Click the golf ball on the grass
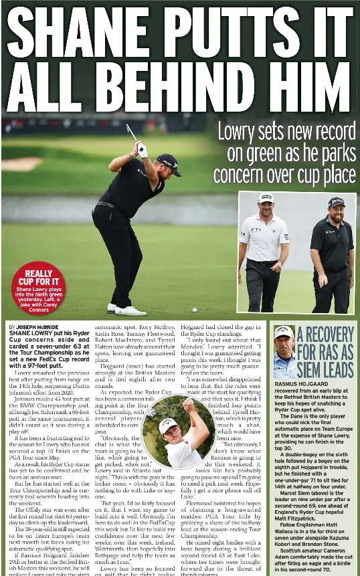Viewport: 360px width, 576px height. click(195, 310)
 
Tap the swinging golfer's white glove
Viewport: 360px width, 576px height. click(142, 151)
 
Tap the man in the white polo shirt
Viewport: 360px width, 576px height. click(264, 251)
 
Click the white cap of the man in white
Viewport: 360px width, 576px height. click(266, 199)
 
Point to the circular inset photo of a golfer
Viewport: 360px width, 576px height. click(179, 431)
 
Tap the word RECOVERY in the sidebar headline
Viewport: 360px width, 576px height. click(325, 334)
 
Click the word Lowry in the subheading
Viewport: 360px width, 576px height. click(241, 132)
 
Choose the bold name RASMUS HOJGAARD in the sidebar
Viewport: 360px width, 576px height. click(302, 384)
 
